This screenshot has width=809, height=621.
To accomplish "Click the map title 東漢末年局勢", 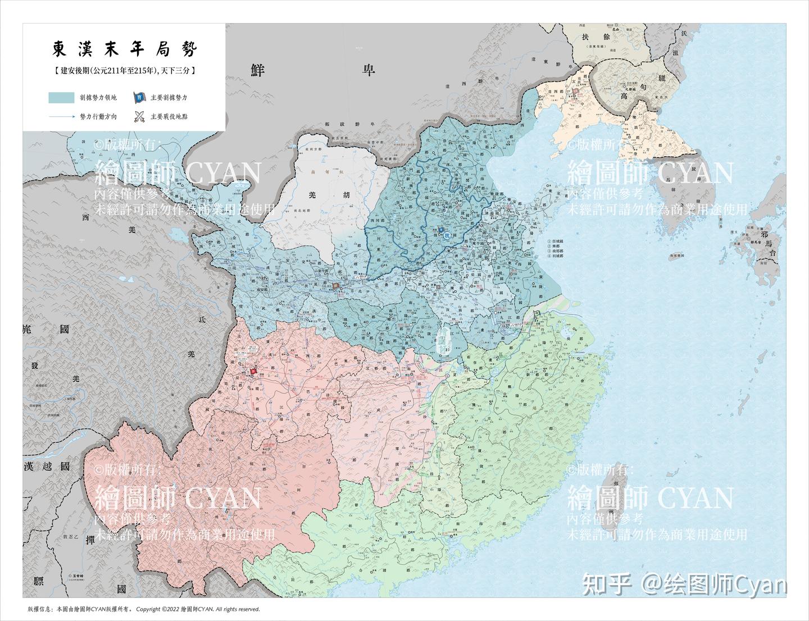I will point(125,49).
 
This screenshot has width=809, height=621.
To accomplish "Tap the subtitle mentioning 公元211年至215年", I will point(124,71).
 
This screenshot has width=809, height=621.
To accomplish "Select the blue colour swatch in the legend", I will point(61,97).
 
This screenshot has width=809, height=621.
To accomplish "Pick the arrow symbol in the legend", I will point(61,117).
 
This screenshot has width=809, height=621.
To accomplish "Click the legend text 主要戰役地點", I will point(169,117).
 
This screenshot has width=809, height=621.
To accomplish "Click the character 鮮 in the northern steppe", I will point(258,70).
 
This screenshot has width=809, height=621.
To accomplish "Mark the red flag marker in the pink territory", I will point(253,371).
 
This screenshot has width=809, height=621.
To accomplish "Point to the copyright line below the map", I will point(143,609).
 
